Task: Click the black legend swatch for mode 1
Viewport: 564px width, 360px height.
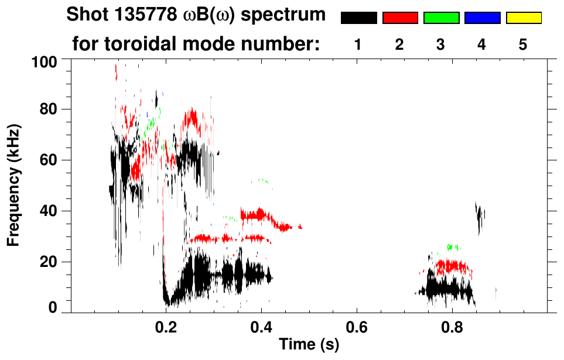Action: [x=358, y=18]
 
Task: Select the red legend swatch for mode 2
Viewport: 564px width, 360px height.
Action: [x=400, y=18]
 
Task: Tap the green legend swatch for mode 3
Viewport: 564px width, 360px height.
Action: [x=441, y=18]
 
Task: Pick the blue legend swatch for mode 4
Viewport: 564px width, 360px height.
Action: [x=482, y=18]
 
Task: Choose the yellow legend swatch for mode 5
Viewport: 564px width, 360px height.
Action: [x=523, y=18]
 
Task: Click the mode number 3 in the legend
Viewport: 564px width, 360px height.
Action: [x=441, y=45]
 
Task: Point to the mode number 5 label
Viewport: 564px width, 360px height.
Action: [x=523, y=45]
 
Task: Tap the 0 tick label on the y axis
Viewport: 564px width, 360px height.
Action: [x=56, y=308]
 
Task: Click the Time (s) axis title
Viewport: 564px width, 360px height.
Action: [x=309, y=345]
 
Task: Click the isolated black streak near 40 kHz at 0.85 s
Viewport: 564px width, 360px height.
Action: [x=479, y=217]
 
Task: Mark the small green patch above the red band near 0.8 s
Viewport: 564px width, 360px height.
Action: [x=452, y=247]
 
